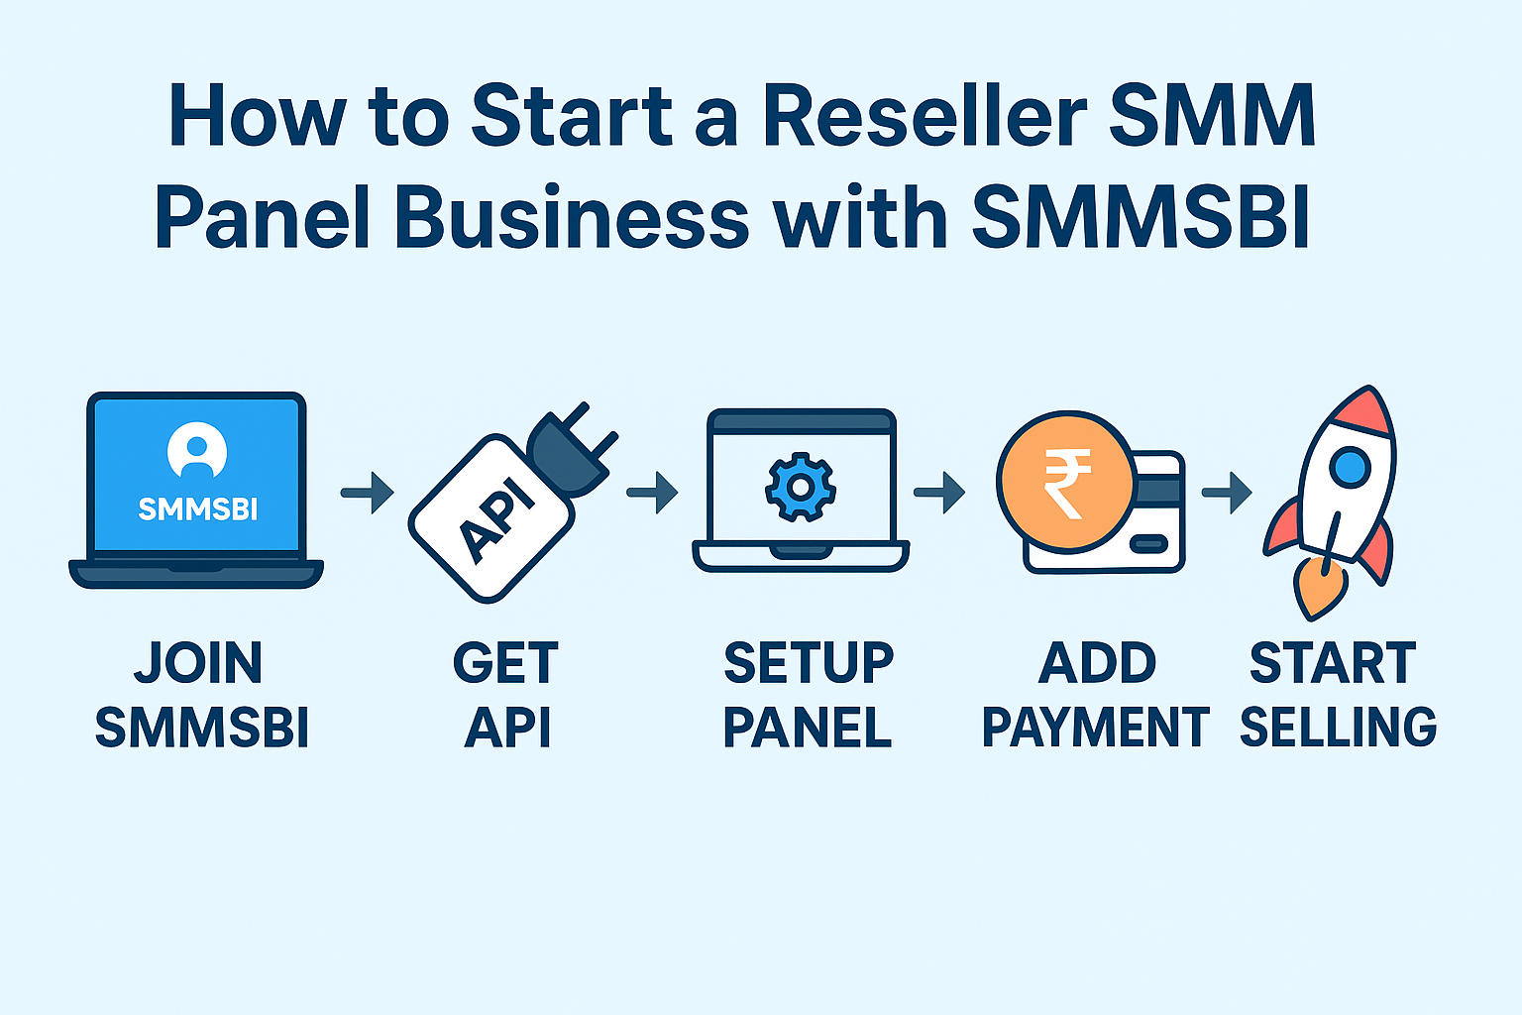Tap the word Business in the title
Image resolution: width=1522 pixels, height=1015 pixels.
pos(571,218)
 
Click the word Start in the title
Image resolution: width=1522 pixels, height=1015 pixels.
pos(572,117)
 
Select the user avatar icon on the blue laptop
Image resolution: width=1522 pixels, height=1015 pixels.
pos(197,451)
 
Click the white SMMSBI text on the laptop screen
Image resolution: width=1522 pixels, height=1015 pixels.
pos(197,509)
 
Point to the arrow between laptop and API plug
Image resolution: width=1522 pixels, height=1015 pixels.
pos(367,493)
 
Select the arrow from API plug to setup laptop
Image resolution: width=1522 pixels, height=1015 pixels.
pos(652,492)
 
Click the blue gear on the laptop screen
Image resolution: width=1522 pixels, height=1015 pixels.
pos(800,487)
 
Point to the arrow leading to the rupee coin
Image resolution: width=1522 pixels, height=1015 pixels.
pos(938,493)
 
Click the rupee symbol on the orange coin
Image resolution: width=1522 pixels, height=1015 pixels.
pos(1065,483)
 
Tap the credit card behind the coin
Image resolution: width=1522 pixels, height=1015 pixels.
pos(1154,515)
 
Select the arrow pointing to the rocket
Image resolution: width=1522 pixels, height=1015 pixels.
pos(1227,493)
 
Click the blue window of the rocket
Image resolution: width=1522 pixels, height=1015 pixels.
pos(1349,466)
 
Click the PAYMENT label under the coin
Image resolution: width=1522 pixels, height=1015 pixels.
pos(1095,728)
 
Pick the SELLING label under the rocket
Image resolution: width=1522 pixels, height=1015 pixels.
pos(1338,728)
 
